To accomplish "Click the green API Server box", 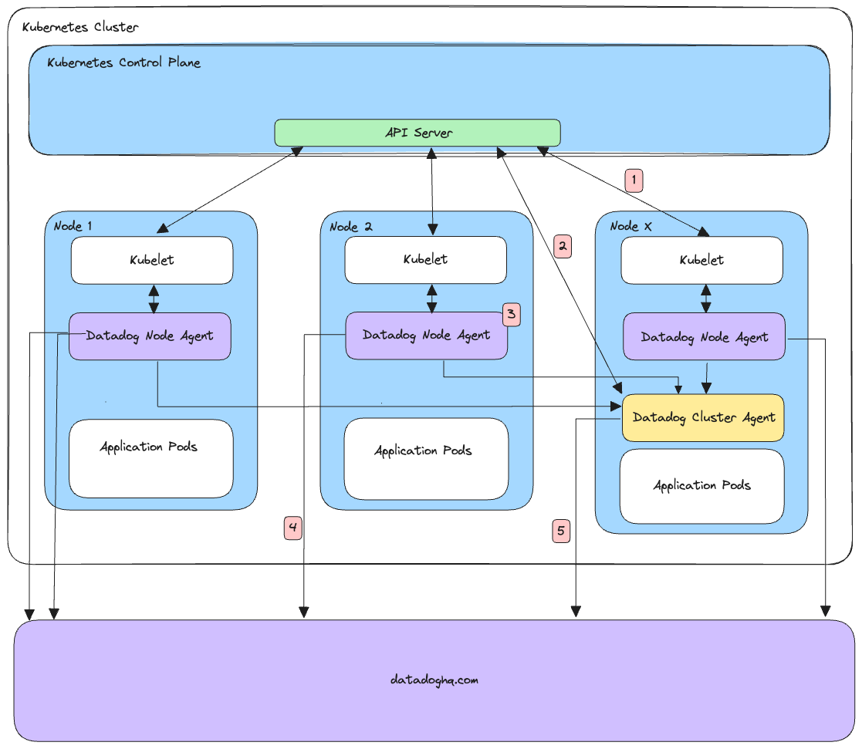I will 417,133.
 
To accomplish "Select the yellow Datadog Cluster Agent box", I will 703,417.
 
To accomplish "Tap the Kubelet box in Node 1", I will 152,260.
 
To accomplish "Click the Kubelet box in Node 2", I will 425,260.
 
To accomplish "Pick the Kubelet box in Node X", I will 701,261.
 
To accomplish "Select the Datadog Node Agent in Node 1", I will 150,336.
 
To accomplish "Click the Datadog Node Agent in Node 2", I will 426,336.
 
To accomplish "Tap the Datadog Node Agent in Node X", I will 704,337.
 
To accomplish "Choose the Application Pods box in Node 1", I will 150,458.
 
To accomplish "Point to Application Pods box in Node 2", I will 426,459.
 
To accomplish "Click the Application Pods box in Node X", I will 701,486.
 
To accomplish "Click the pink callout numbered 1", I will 634,181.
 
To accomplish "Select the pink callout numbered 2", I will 563,246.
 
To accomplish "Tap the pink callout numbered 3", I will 512,314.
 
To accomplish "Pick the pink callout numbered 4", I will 292,528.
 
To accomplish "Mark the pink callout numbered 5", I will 561,531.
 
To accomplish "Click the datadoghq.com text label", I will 434,680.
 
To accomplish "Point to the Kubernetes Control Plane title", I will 123,62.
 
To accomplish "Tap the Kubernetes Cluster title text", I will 80,27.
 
